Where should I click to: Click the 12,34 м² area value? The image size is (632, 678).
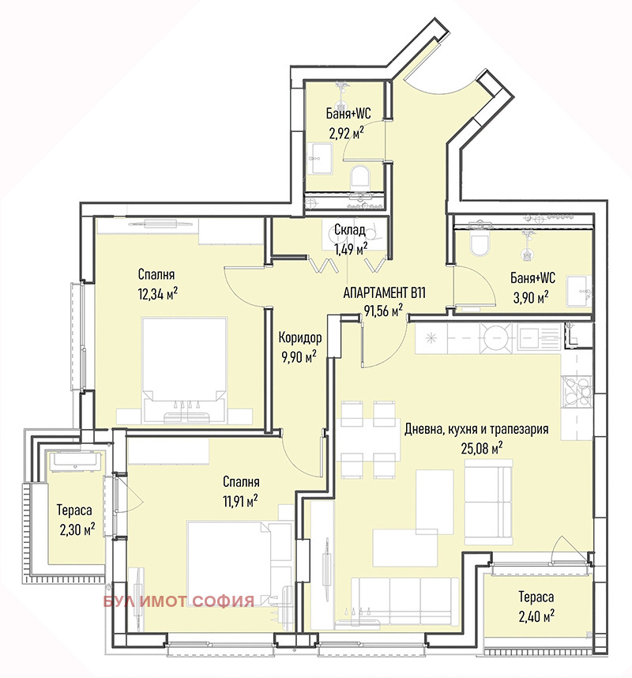[156, 293]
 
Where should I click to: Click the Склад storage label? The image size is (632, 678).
[349, 230]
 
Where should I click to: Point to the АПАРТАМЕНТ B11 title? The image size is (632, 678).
[384, 292]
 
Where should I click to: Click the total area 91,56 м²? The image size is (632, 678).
[383, 311]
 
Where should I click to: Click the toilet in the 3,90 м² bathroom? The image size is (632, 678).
[480, 244]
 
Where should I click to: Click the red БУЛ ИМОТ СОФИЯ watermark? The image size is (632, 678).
[179, 601]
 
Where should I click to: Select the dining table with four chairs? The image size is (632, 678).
[369, 439]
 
